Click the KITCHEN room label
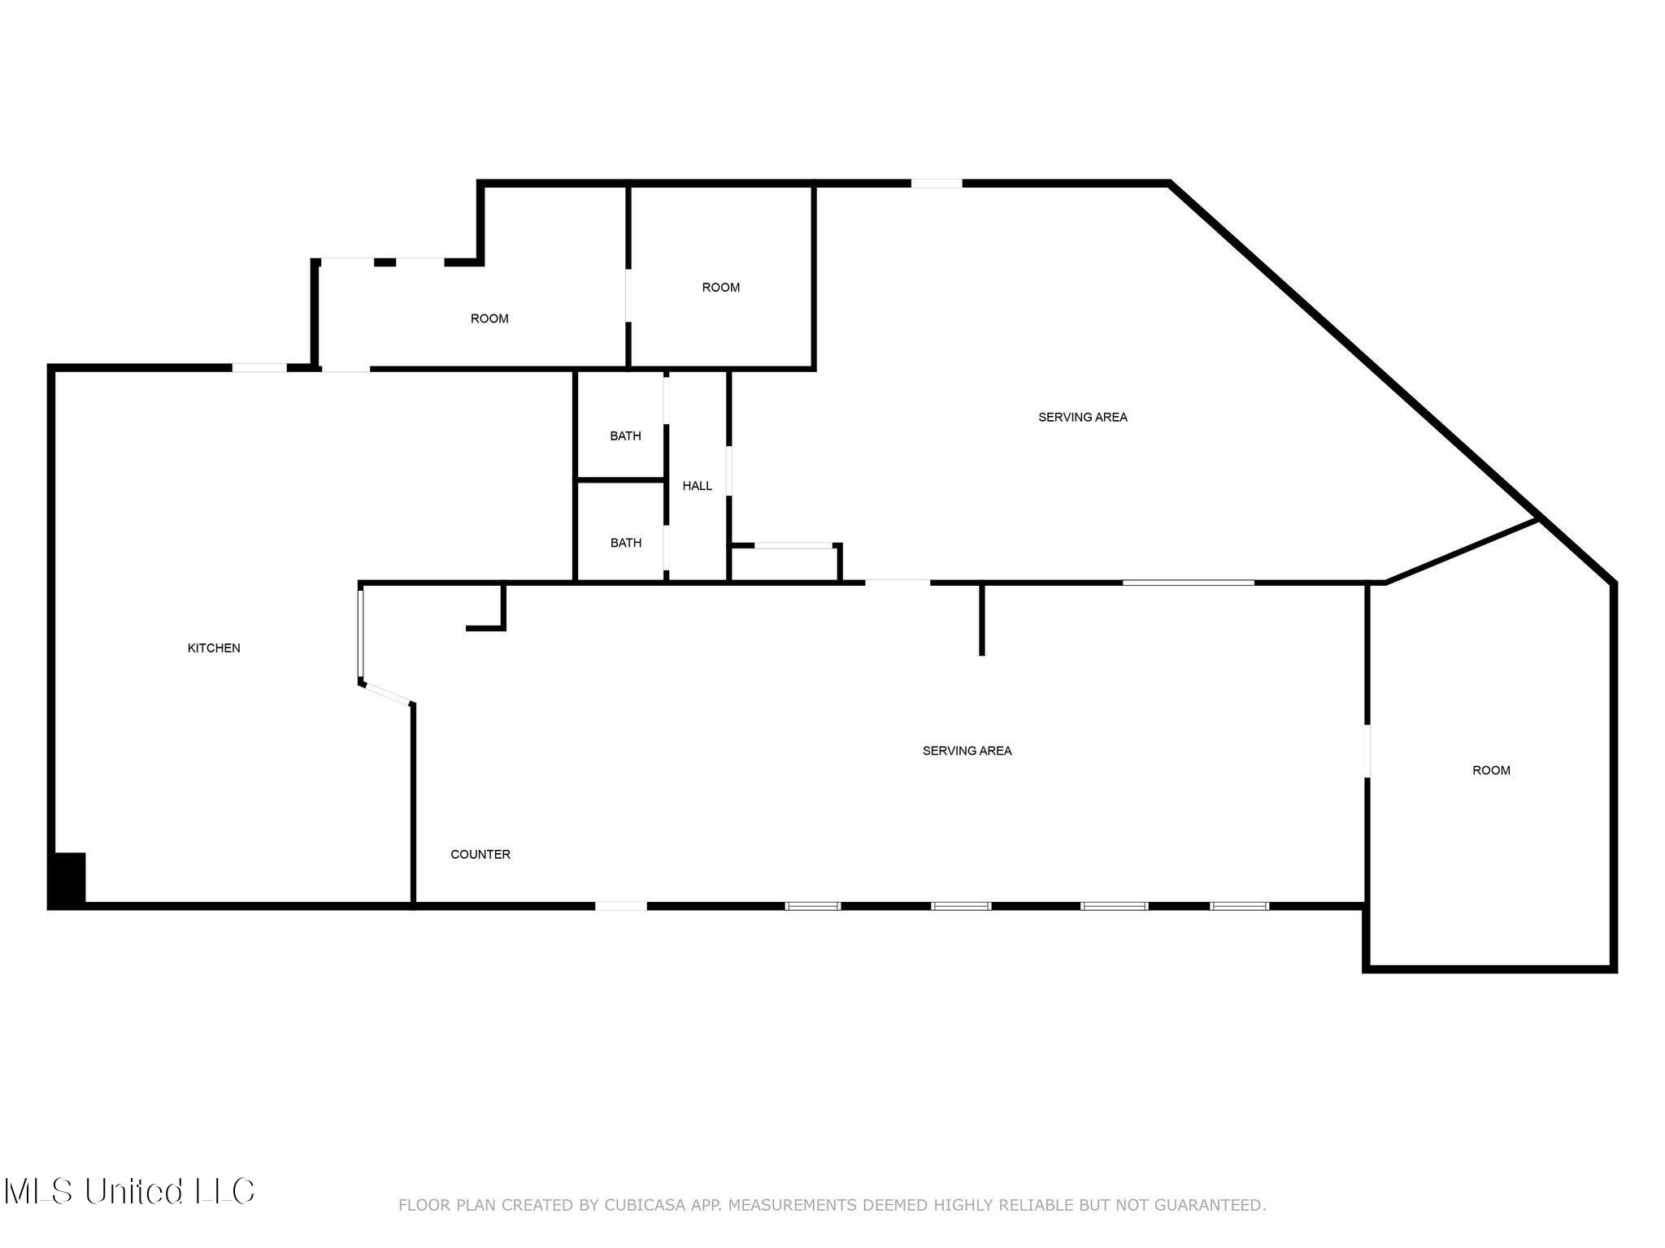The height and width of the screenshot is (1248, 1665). pyautogui.click(x=214, y=648)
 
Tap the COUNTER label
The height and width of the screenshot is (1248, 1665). pyautogui.click(x=480, y=854)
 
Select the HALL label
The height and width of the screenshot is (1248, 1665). pyautogui.click(x=697, y=486)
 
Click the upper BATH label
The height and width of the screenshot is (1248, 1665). pyautogui.click(x=625, y=436)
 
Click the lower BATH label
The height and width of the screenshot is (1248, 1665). pyautogui.click(x=625, y=543)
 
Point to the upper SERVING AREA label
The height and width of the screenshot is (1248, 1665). pyautogui.click(x=1082, y=417)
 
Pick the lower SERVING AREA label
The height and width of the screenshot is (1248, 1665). pyautogui.click(x=967, y=751)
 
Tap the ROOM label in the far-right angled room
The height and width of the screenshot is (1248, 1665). pyautogui.click(x=1491, y=770)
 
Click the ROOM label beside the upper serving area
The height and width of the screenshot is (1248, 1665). pyautogui.click(x=720, y=287)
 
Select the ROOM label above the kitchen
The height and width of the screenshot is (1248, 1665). pyautogui.click(x=489, y=318)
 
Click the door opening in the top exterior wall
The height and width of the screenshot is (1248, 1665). pyautogui.click(x=936, y=184)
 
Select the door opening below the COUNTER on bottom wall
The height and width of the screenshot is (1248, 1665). pyautogui.click(x=621, y=905)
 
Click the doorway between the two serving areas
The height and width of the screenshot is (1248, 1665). pyautogui.click(x=897, y=582)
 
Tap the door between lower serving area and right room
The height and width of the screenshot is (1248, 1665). pyautogui.click(x=1367, y=751)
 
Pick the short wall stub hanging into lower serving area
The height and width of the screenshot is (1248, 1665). pyautogui.click(x=982, y=619)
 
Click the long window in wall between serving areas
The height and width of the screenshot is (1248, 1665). pyautogui.click(x=1188, y=582)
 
